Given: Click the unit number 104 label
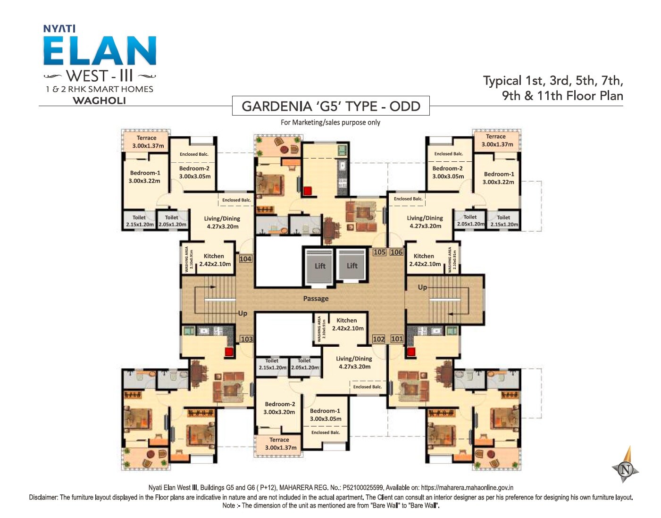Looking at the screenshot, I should click(x=245, y=259).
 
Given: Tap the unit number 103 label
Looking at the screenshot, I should click(x=246, y=339).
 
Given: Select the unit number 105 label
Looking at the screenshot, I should click(x=379, y=252).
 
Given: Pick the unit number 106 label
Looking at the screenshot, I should click(x=396, y=252).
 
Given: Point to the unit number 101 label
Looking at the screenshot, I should click(x=397, y=339).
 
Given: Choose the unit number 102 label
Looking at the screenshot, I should click(x=378, y=339).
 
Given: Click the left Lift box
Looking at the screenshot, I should click(x=320, y=266).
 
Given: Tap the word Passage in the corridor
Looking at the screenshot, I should click(x=316, y=299).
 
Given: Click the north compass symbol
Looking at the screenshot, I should click(x=626, y=468).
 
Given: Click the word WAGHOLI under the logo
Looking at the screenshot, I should click(x=99, y=100).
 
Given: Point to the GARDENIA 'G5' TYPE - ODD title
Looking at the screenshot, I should click(x=331, y=106).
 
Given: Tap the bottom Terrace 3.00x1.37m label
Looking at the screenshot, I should click(x=280, y=443).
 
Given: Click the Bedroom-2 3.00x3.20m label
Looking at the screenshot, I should click(x=280, y=408).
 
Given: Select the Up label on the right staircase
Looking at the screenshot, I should click(x=422, y=287).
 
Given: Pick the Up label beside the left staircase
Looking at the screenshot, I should click(x=243, y=313).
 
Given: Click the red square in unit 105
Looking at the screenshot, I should click(x=308, y=191).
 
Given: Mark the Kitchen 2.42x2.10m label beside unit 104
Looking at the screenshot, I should click(x=215, y=260).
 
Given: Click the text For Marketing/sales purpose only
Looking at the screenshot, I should click(x=330, y=122).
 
